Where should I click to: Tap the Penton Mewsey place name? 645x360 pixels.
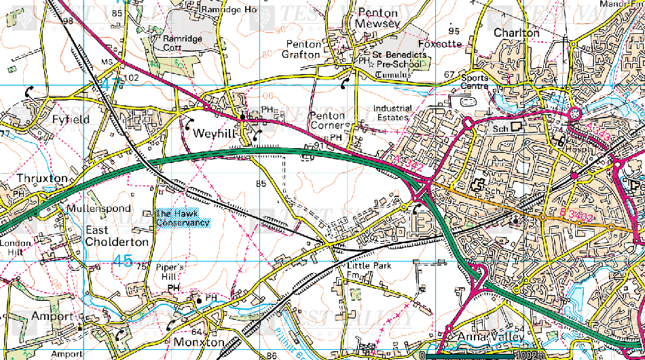click(378, 18)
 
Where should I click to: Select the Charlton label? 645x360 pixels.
click(517, 33)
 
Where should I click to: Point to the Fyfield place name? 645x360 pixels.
click(71, 119)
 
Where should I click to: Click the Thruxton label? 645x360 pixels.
click(42, 179)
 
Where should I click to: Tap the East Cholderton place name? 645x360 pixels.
click(117, 236)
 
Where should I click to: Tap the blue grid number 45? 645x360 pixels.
click(123, 261)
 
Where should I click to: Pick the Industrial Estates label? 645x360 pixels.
click(392, 113)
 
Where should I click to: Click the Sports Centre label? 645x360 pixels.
click(475, 82)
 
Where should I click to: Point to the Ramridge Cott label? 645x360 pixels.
click(183, 43)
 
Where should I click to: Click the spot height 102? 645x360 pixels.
click(130, 77)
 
